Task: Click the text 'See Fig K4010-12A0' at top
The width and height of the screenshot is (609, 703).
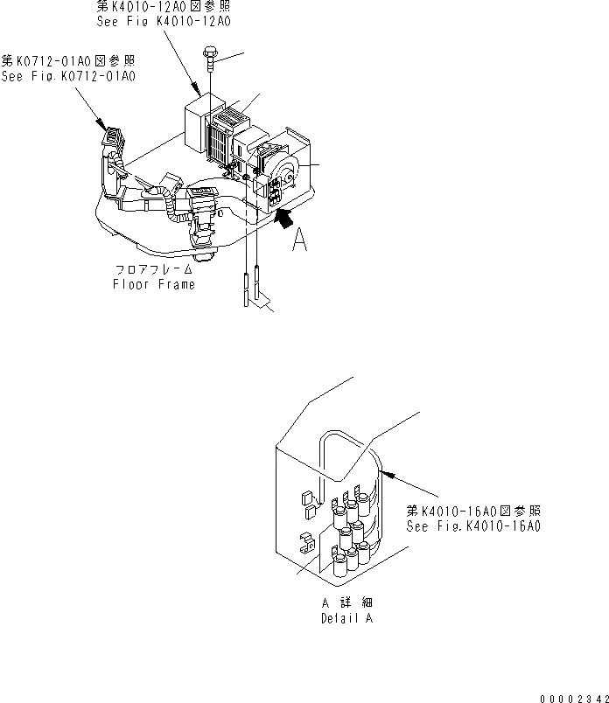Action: (x=162, y=21)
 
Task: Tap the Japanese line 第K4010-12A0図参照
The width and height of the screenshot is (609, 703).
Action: (x=163, y=7)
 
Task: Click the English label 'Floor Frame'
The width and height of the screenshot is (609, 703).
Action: (x=154, y=284)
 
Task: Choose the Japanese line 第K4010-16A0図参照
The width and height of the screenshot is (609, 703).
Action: (x=473, y=512)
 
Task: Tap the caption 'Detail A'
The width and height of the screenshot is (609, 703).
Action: (x=346, y=616)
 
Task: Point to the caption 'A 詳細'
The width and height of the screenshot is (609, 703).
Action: (x=347, y=603)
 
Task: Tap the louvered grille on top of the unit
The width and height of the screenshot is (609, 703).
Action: (x=229, y=115)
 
